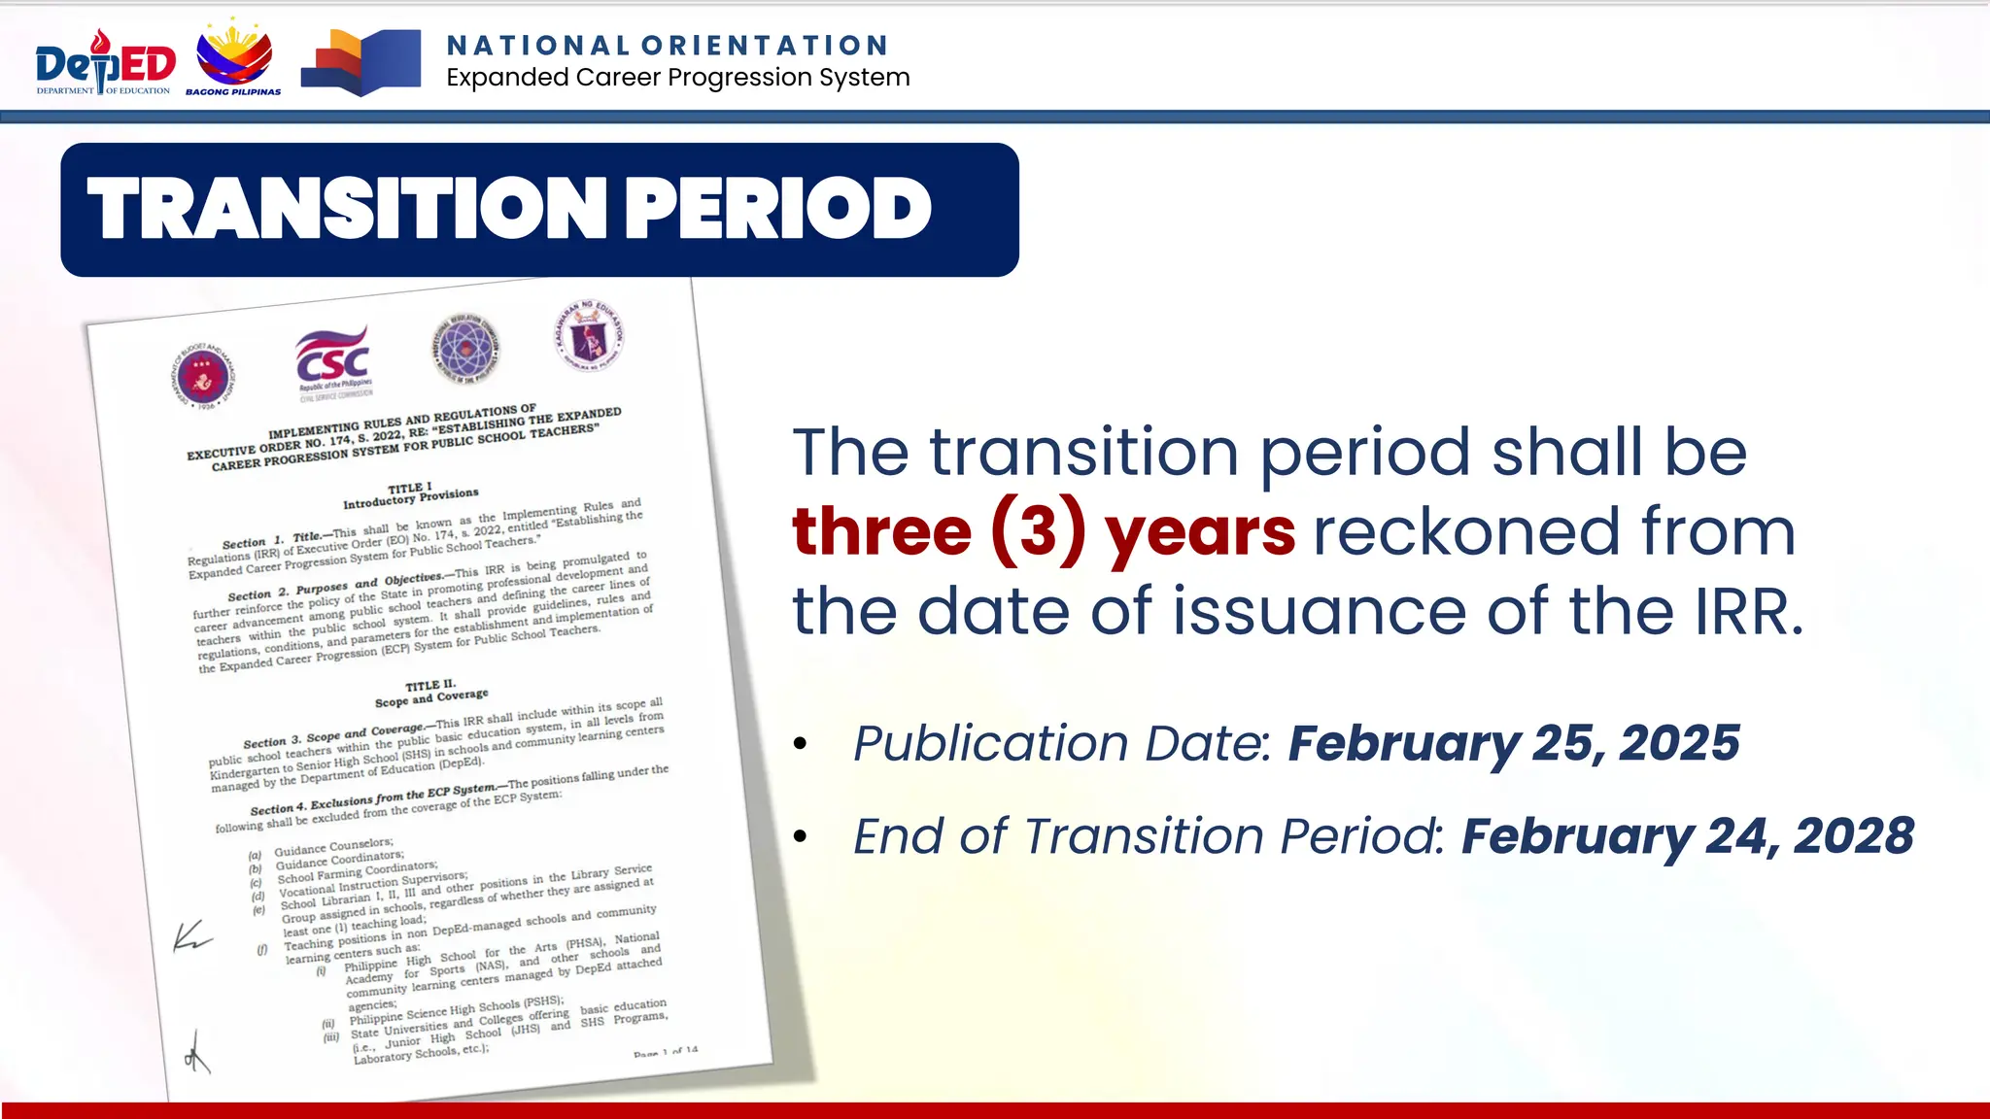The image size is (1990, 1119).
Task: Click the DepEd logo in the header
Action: pyautogui.click(x=105, y=63)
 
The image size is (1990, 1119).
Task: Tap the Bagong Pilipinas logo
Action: pyautogui.click(x=234, y=58)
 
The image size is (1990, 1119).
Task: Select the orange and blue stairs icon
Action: pyautogui.click(x=360, y=62)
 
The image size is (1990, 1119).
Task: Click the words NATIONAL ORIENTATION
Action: pyautogui.click(x=668, y=46)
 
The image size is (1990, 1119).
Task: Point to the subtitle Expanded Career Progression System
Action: pyautogui.click(x=678, y=78)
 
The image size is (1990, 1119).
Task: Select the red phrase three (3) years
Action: pyautogui.click(x=1044, y=531)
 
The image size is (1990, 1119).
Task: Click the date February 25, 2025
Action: pyautogui.click(x=1513, y=743)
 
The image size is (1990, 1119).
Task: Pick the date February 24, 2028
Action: pyautogui.click(x=1688, y=835)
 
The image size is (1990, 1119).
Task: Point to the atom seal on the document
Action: pyautogui.click(x=465, y=349)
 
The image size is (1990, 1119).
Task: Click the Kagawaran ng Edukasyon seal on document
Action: pyautogui.click(x=589, y=335)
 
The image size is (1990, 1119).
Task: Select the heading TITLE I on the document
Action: pyautogui.click(x=409, y=488)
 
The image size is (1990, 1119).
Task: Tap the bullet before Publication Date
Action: pyautogui.click(x=800, y=744)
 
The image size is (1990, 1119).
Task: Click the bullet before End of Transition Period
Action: pyautogui.click(x=800, y=836)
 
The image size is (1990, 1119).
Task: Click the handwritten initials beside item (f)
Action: pyautogui.click(x=190, y=936)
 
